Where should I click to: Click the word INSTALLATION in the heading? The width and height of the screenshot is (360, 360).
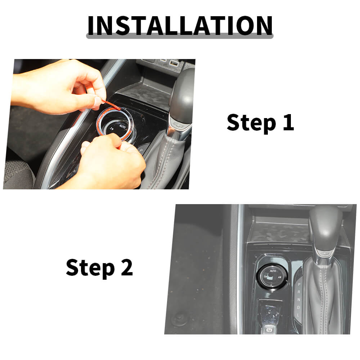pos(180,25)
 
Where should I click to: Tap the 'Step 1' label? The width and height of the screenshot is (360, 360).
pos(260,123)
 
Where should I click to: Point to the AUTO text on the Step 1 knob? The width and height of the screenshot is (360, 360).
pos(122,126)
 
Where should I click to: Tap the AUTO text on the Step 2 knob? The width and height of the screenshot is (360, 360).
pos(273,271)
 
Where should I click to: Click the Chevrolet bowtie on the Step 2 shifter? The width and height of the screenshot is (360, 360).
pos(325,254)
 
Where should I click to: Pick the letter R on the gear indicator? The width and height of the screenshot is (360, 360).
pos(299,292)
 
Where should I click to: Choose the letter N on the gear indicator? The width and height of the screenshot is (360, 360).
pos(298,300)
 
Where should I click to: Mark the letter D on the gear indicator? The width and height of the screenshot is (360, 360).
pos(298,307)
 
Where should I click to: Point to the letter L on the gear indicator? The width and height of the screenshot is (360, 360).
pos(298,315)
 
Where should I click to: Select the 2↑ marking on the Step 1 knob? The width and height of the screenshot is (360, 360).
pos(112,129)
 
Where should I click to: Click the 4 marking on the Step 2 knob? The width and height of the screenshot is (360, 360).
pos(279,277)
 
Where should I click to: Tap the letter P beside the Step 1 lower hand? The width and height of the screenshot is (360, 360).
pos(141,150)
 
